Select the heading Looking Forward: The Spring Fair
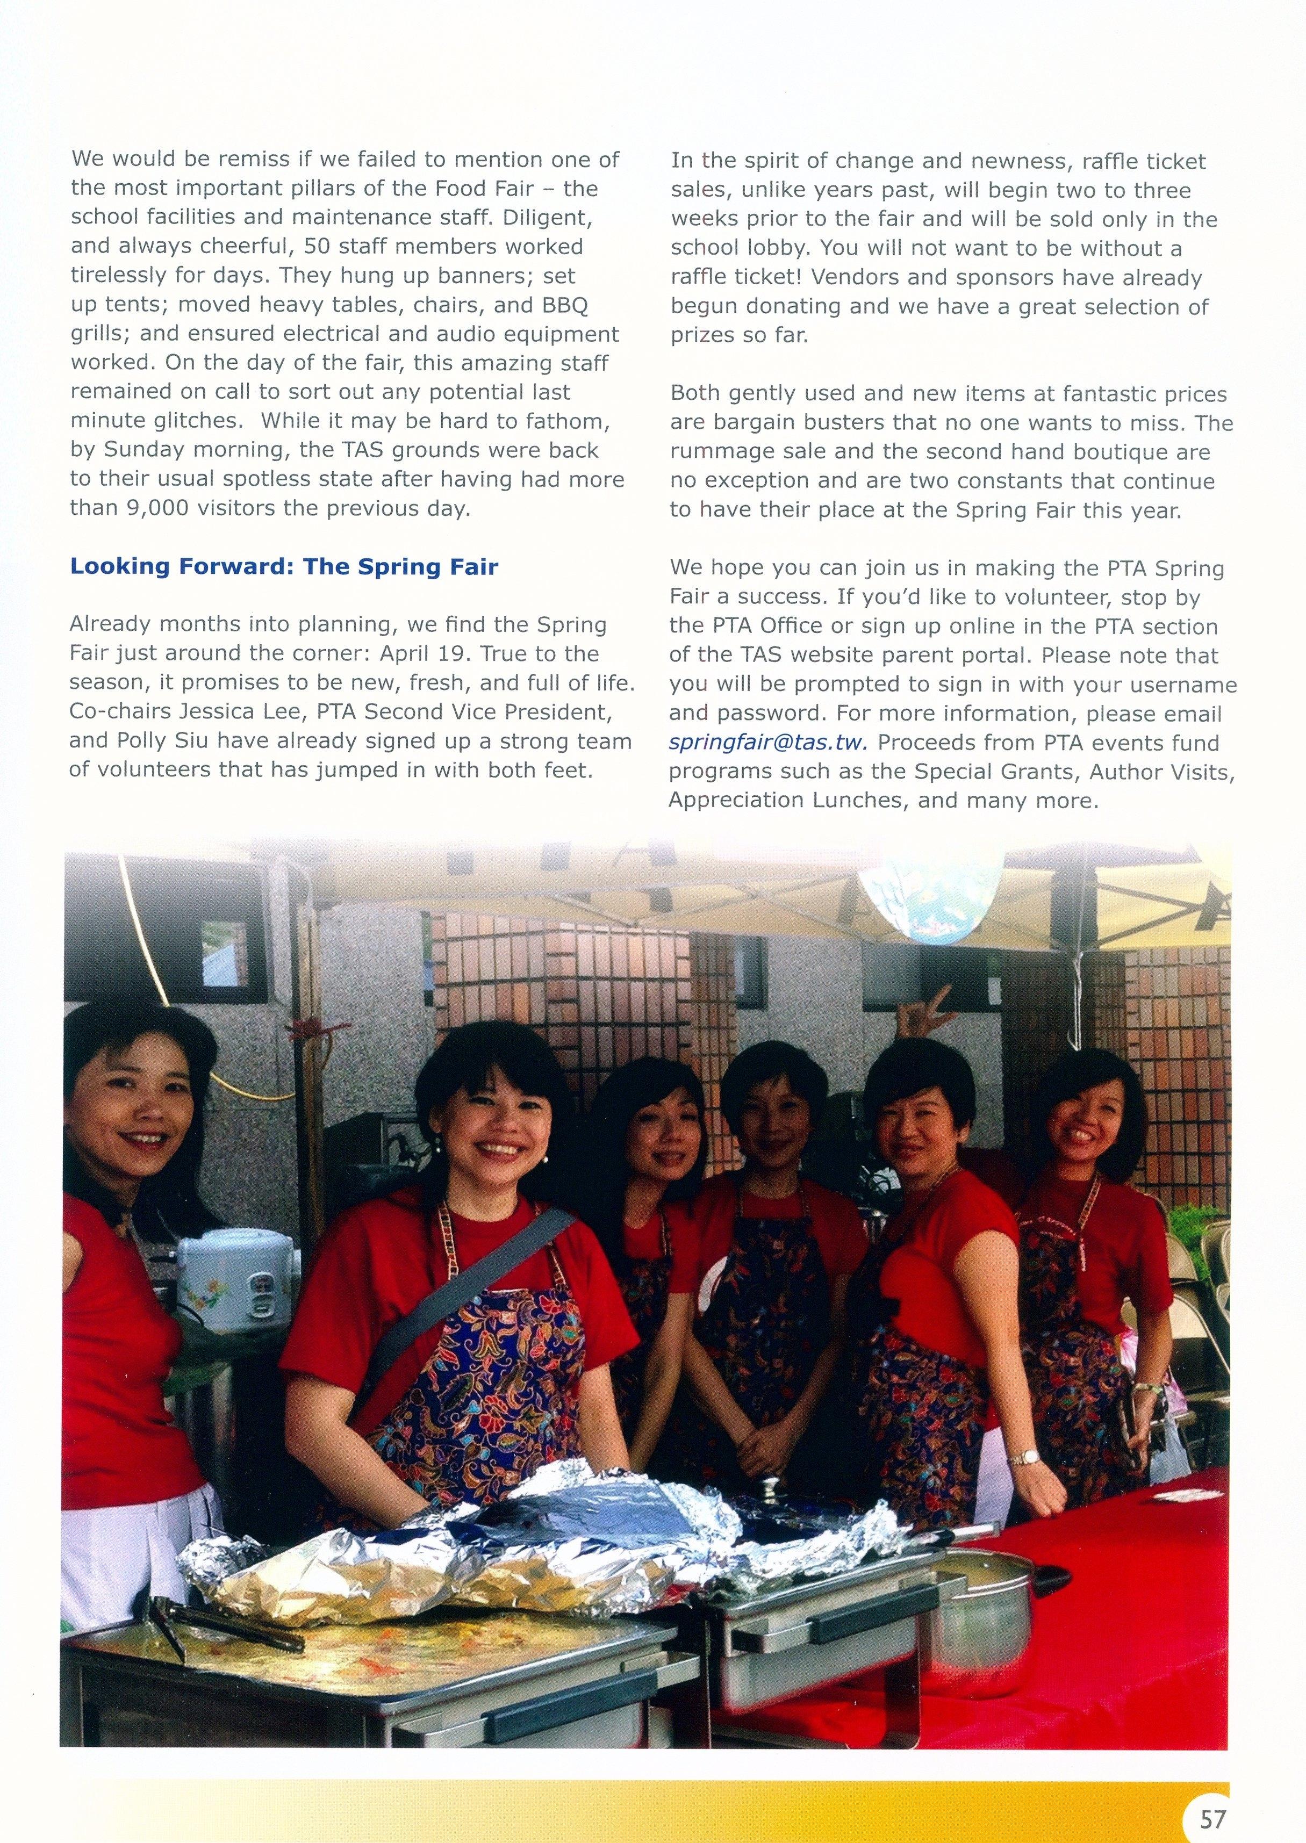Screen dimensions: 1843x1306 pyautogui.click(x=284, y=567)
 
